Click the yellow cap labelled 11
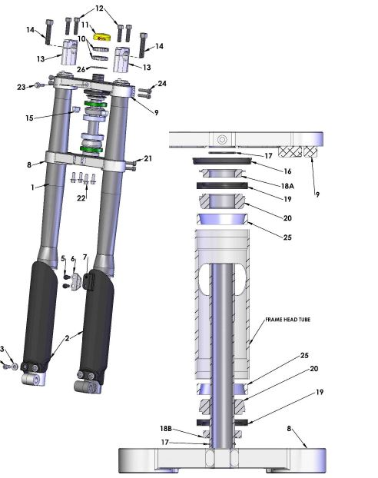click(102, 37)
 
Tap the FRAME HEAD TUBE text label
click(288, 320)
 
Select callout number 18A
click(287, 186)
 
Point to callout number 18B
click(166, 428)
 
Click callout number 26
click(81, 70)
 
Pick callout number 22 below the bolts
click(81, 198)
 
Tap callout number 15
click(29, 118)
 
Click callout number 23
click(21, 88)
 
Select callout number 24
click(162, 84)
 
